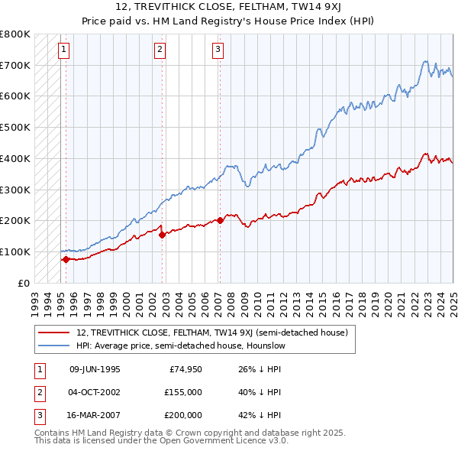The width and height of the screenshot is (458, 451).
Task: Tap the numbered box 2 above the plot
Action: point(160,50)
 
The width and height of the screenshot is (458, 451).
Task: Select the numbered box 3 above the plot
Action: point(218,50)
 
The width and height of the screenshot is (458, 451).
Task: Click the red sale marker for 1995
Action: point(66,259)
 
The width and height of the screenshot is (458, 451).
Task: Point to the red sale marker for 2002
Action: point(162,235)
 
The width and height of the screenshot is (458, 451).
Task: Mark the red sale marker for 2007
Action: point(220,220)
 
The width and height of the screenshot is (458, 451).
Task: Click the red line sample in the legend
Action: point(54,333)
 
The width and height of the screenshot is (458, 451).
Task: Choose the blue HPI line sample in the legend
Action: point(54,346)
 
